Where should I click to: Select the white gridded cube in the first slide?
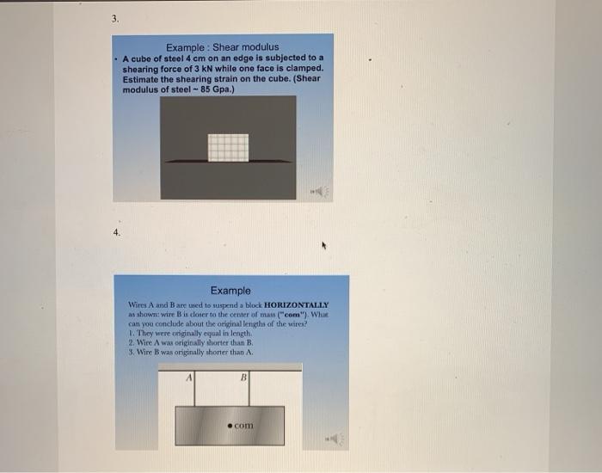tap(228, 147)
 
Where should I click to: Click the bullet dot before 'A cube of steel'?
tap(117, 58)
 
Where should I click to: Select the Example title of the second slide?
tap(230, 291)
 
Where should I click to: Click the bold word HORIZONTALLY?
tap(288, 305)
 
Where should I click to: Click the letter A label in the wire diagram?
tap(189, 376)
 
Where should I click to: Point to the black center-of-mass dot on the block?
tap(230, 425)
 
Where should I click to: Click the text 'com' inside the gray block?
tap(244, 425)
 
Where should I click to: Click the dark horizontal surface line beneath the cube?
tap(228, 161)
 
